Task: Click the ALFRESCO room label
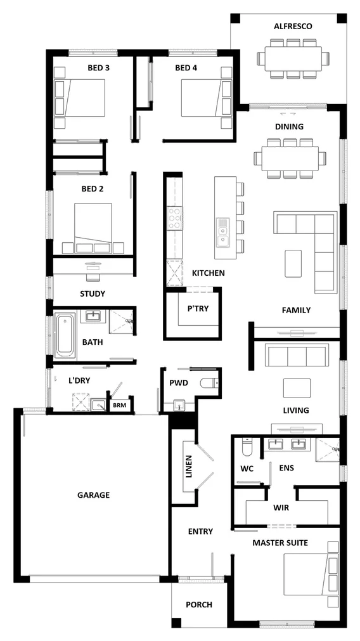pyautogui.click(x=293, y=26)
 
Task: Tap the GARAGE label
pyautogui.click(x=94, y=495)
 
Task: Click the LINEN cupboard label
pyautogui.click(x=188, y=466)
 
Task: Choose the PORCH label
pyautogui.click(x=199, y=604)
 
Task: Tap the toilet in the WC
pyautogui.click(x=247, y=448)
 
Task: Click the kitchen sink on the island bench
pyautogui.click(x=223, y=231)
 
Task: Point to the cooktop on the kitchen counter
pyautogui.click(x=174, y=217)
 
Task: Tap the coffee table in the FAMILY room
pyautogui.click(x=293, y=263)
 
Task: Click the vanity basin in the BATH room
pyautogui.click(x=93, y=316)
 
